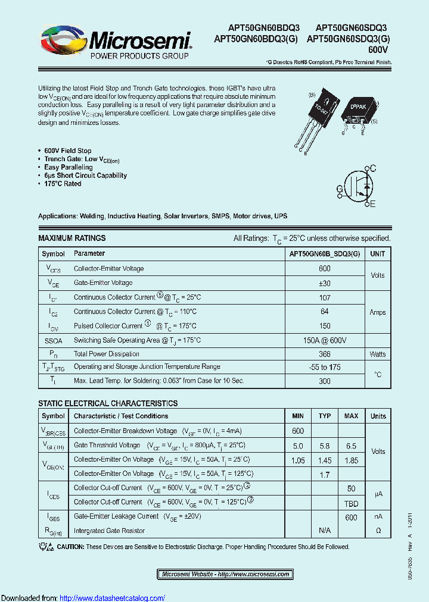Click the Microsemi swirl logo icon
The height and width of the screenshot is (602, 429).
coord(64,40)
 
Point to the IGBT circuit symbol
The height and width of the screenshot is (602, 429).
coord(357,187)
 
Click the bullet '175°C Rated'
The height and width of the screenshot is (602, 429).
coord(63,184)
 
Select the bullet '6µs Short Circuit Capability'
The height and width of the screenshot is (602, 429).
coord(85,175)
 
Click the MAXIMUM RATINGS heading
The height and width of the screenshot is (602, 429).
coord(71,238)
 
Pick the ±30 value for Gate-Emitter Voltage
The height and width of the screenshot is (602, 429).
coord(324,283)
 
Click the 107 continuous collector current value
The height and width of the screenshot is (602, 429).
coord(324,297)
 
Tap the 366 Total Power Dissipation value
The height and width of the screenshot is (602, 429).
coord(324,354)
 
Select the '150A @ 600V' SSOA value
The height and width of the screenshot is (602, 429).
coord(324,340)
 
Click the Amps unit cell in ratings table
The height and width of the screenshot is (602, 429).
coord(377,312)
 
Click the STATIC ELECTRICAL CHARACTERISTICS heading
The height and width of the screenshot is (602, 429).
coord(108,403)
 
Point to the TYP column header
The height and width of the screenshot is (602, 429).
coord(324,416)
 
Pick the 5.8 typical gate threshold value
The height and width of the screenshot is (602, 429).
coord(324,446)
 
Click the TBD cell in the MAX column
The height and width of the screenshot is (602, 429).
coord(351,503)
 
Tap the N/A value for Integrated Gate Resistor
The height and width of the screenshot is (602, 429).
coord(324,530)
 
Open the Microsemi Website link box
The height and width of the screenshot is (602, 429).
coord(226,574)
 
